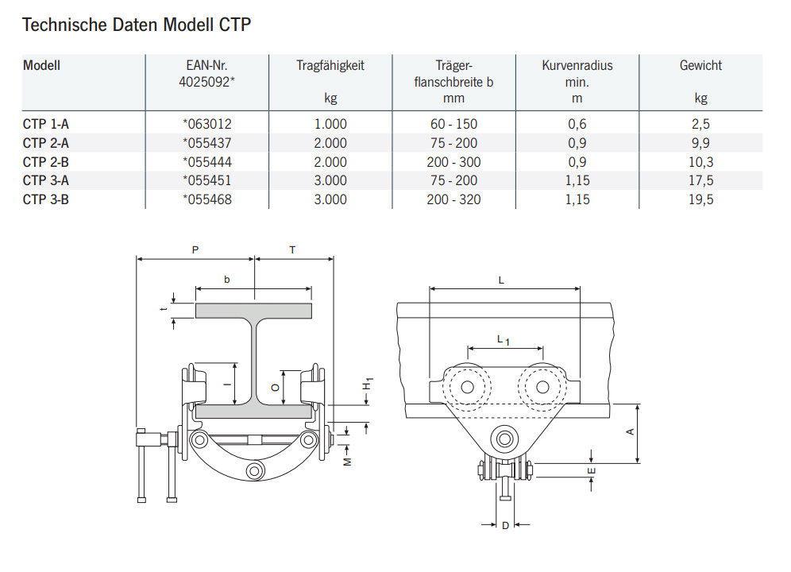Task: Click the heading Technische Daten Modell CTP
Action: (x=137, y=25)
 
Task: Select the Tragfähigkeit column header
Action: (x=330, y=66)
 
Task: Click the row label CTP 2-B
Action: (x=46, y=162)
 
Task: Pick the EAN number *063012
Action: (x=206, y=124)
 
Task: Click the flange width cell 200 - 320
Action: (x=453, y=199)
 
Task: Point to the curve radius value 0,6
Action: (x=577, y=124)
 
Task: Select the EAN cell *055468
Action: (x=206, y=199)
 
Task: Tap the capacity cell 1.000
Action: (x=330, y=124)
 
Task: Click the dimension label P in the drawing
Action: (x=195, y=249)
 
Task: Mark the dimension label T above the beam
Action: (x=292, y=249)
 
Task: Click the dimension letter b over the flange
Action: (x=227, y=280)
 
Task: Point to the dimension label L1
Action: (x=504, y=340)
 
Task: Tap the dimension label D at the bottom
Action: (x=505, y=525)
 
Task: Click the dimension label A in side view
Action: (x=630, y=432)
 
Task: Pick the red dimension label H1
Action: (x=368, y=386)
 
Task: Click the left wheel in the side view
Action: (x=466, y=387)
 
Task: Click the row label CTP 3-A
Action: (x=46, y=180)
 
